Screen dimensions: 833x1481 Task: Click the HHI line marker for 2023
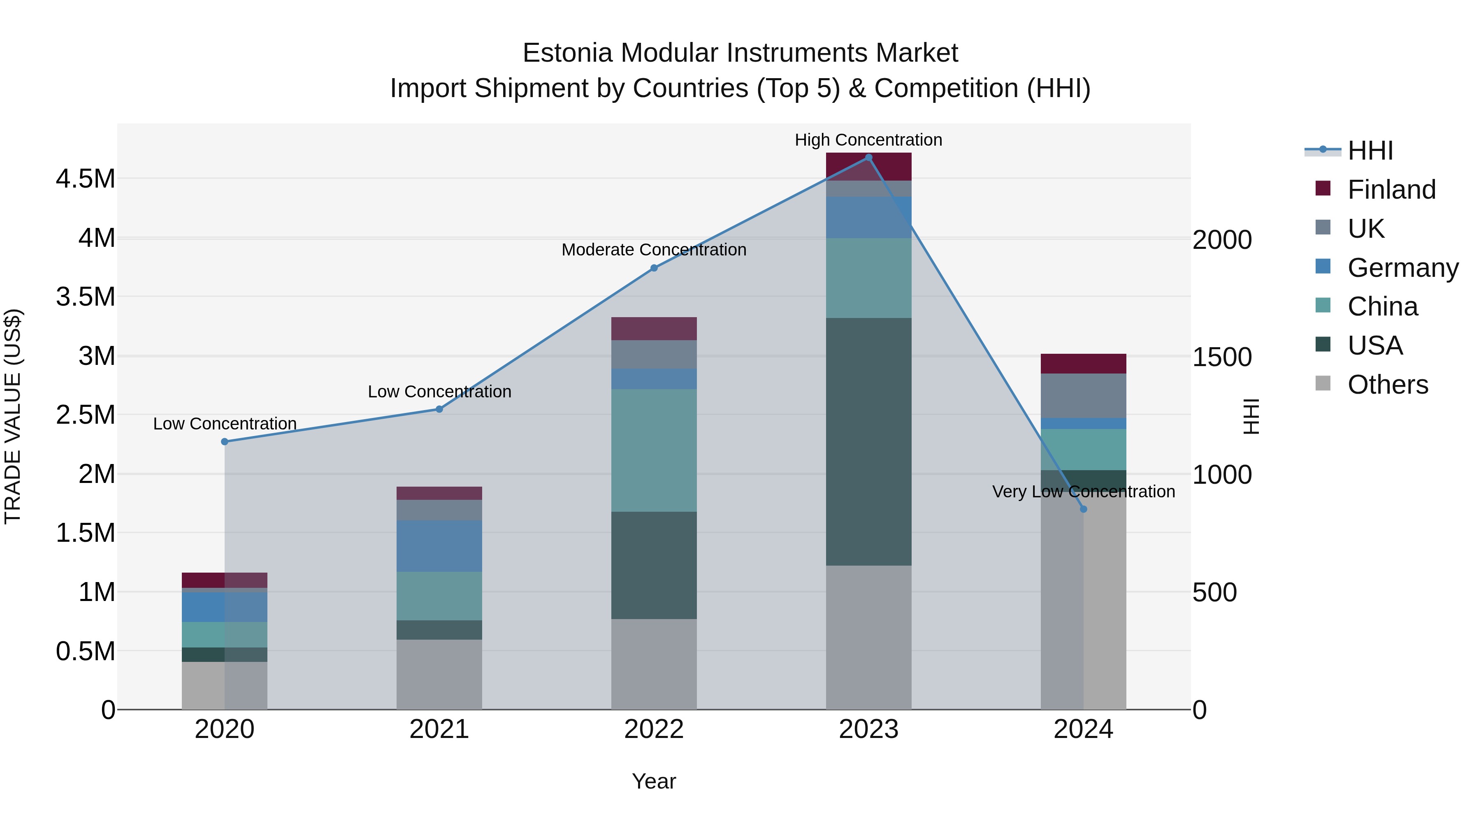coord(868,158)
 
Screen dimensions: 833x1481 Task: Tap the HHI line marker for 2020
coord(225,441)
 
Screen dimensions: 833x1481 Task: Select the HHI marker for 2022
coord(654,268)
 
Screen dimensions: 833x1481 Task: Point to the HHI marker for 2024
coord(1083,509)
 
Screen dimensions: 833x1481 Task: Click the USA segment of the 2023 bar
coord(868,441)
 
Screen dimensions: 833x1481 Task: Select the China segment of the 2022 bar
coord(654,450)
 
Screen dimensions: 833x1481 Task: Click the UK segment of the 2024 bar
coord(1083,395)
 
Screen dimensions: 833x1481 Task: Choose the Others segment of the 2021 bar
coord(439,674)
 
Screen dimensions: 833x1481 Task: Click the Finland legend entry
coord(1391,190)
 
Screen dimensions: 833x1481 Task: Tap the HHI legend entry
coord(1370,151)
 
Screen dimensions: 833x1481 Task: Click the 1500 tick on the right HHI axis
coord(1222,357)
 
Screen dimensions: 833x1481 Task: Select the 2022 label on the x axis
coord(654,729)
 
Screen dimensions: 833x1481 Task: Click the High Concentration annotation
coord(868,140)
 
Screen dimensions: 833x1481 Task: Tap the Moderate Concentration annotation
coord(654,250)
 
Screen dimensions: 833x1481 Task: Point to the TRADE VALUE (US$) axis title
coord(13,416)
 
